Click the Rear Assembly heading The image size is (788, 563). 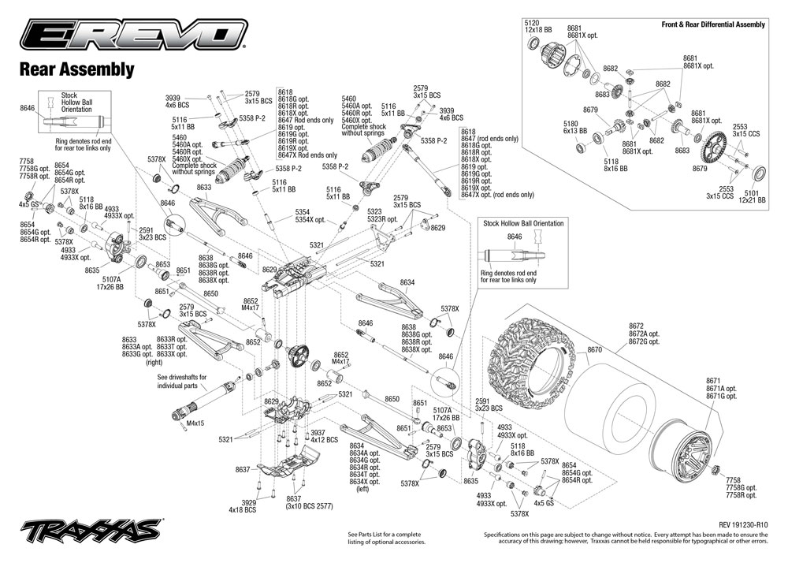tap(76, 70)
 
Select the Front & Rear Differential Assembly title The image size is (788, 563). tap(713, 24)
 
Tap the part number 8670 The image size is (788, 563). tap(595, 349)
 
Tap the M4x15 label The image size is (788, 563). tap(195, 423)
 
